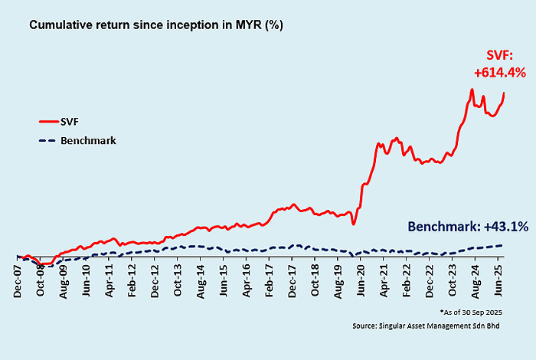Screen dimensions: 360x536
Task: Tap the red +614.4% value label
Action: (498, 73)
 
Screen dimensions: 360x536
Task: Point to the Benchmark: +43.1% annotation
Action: (468, 227)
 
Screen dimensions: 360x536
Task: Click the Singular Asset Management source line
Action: (452, 326)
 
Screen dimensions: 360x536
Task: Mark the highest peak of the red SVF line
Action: (472, 90)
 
